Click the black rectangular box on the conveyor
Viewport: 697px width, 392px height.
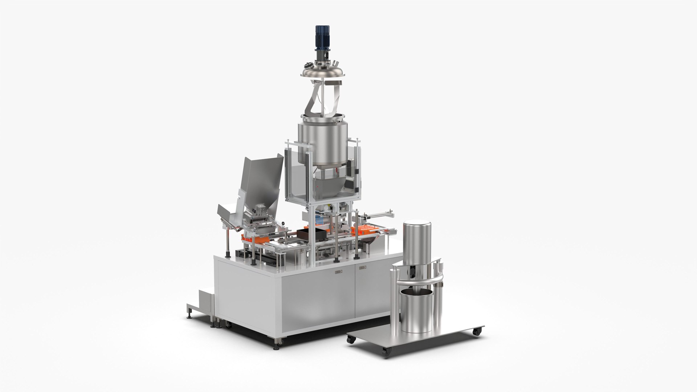pyautogui.click(x=307, y=236)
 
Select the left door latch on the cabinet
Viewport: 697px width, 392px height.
pyautogui.click(x=338, y=271)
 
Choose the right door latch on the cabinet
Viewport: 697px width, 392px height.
pyautogui.click(x=362, y=268)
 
